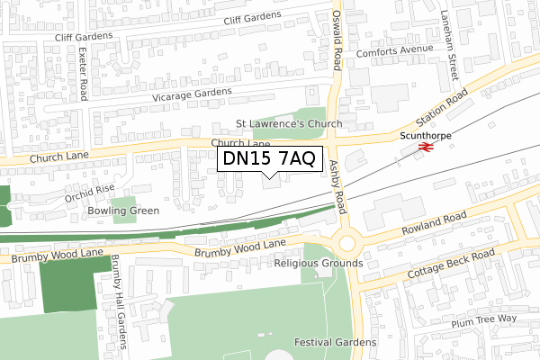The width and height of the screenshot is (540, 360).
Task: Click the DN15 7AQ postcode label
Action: [269, 159]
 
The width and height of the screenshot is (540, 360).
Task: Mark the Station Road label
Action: [441, 110]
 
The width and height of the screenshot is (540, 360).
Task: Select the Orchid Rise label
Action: [89, 193]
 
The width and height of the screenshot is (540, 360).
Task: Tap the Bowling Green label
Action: [123, 211]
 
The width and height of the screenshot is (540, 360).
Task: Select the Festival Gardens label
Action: [336, 343]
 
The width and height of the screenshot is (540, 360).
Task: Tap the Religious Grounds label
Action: [318, 264]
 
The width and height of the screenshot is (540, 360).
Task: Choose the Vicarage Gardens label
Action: [192, 94]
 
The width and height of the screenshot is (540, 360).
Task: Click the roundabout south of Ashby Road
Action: [346, 243]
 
